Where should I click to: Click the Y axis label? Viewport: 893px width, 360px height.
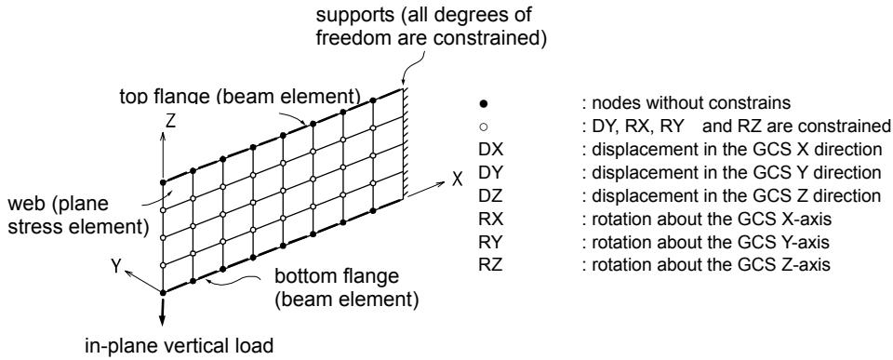point(117,265)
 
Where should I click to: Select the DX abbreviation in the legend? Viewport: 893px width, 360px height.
point(491,149)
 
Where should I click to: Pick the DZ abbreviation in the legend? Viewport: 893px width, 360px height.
point(491,195)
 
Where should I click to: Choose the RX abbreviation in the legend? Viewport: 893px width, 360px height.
point(491,219)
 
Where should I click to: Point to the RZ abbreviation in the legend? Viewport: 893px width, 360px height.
point(491,265)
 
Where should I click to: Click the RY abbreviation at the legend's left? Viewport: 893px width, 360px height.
point(491,242)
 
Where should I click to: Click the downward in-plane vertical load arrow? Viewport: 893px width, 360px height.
point(163,311)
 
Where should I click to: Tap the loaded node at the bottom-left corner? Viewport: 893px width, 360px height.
point(163,292)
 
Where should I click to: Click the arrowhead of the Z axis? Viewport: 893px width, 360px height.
point(163,136)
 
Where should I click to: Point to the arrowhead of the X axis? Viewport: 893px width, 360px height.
point(440,183)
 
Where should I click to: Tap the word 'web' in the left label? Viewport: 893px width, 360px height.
point(29,205)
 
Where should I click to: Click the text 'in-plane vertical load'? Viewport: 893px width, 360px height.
point(179,345)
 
